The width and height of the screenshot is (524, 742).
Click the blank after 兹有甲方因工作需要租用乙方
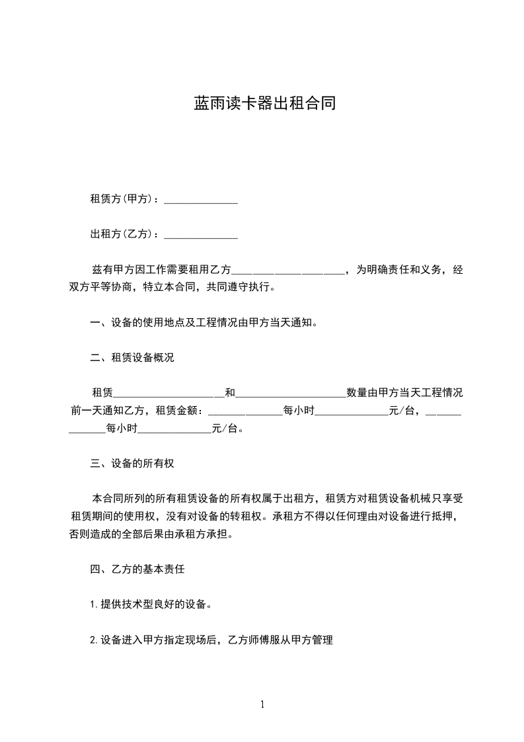click(x=289, y=269)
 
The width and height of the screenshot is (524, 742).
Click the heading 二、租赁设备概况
click(x=131, y=358)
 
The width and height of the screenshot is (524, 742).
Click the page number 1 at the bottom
click(x=262, y=704)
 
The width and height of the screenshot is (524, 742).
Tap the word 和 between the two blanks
click(x=230, y=393)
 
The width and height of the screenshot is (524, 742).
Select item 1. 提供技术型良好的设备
click(x=151, y=604)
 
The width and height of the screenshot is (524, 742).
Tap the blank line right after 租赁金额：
click(x=245, y=410)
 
